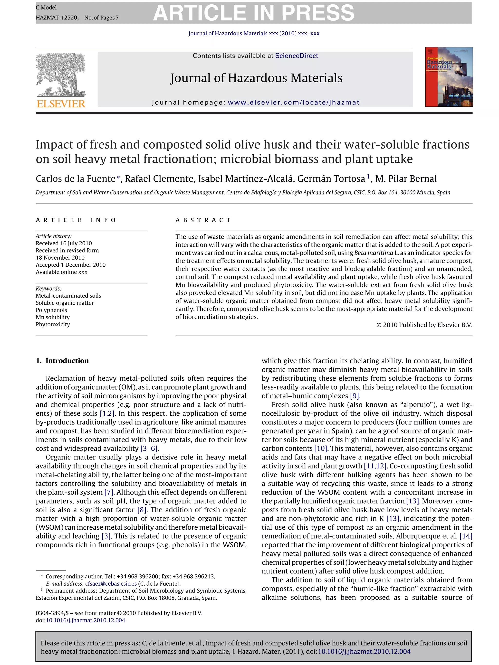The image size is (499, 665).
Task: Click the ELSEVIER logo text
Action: [61, 104]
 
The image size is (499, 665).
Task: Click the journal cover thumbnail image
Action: [449, 77]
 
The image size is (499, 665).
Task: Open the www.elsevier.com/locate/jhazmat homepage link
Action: [293, 103]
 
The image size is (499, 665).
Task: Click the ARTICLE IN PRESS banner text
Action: [254, 13]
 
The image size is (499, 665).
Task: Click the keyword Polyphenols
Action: [51, 310]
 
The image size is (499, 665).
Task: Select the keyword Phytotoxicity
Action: [53, 324]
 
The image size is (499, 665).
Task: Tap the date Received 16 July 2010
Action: [64, 243]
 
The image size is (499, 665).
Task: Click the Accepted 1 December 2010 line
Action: [71, 265]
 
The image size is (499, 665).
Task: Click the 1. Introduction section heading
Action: [62, 361]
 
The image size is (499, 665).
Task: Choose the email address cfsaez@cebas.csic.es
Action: [111, 583]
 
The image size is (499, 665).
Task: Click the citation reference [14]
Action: [466, 536]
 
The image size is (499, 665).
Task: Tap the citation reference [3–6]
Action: [149, 449]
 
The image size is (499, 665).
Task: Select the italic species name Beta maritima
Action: [374, 253]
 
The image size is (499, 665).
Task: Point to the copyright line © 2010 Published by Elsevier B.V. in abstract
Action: [424, 325]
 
